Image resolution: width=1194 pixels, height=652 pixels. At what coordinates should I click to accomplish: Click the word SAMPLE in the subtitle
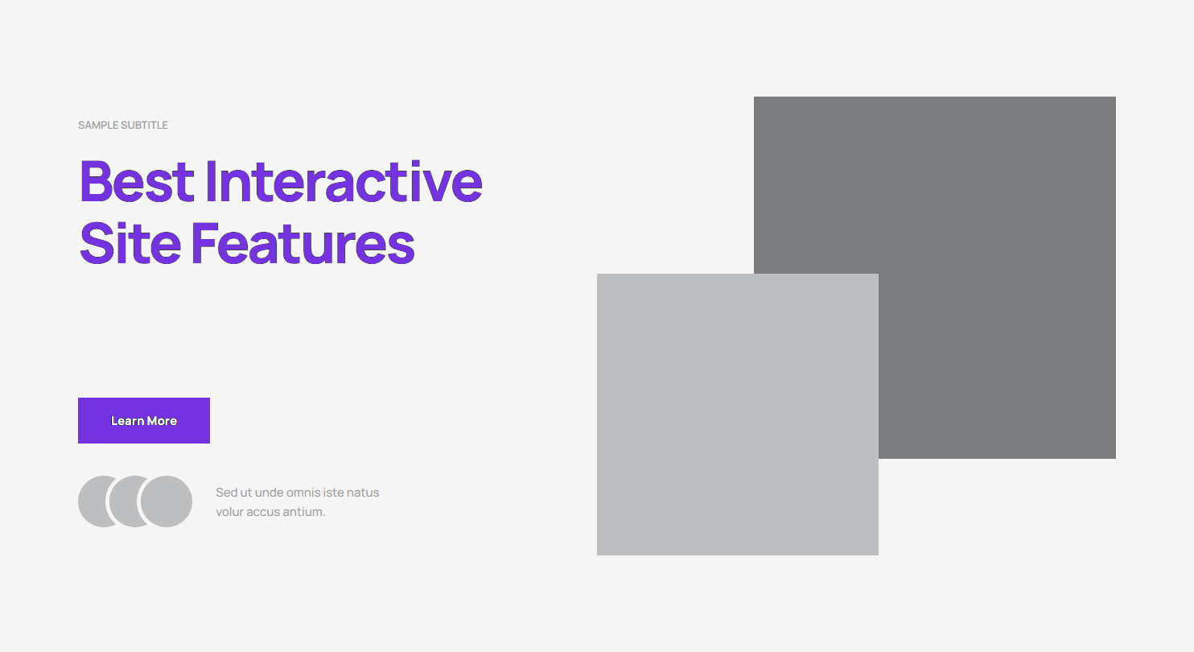point(99,126)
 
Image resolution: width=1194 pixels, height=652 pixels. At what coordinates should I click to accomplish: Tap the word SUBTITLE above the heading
point(145,126)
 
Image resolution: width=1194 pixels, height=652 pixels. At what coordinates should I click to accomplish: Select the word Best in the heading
point(137,182)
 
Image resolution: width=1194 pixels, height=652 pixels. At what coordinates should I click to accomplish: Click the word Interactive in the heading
point(344,182)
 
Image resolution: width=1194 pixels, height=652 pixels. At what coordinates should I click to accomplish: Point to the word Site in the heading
point(130,244)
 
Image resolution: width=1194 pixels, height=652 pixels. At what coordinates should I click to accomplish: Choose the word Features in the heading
point(303,244)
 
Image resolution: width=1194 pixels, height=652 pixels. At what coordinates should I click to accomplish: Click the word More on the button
point(162,421)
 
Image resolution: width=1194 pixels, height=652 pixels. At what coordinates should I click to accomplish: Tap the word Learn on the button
point(127,421)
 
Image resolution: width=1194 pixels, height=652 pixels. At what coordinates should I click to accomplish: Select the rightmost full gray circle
point(167,501)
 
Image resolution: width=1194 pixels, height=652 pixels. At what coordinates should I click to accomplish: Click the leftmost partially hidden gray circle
point(91,501)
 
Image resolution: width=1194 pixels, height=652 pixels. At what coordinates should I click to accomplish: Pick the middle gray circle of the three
point(122,501)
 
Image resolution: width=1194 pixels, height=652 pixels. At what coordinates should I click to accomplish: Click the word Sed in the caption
point(226,493)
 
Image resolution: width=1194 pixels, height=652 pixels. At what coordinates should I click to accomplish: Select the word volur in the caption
point(230,512)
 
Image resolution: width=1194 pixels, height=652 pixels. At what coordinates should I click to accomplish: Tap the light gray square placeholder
point(738,415)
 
